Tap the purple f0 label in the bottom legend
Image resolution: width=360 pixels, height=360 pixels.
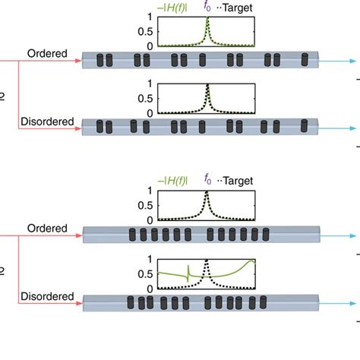207,180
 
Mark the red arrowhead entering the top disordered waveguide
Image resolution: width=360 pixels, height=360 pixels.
77,128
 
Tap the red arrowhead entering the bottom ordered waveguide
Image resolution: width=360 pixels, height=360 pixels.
77,235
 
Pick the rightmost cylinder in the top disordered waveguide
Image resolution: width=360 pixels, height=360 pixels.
306,124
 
